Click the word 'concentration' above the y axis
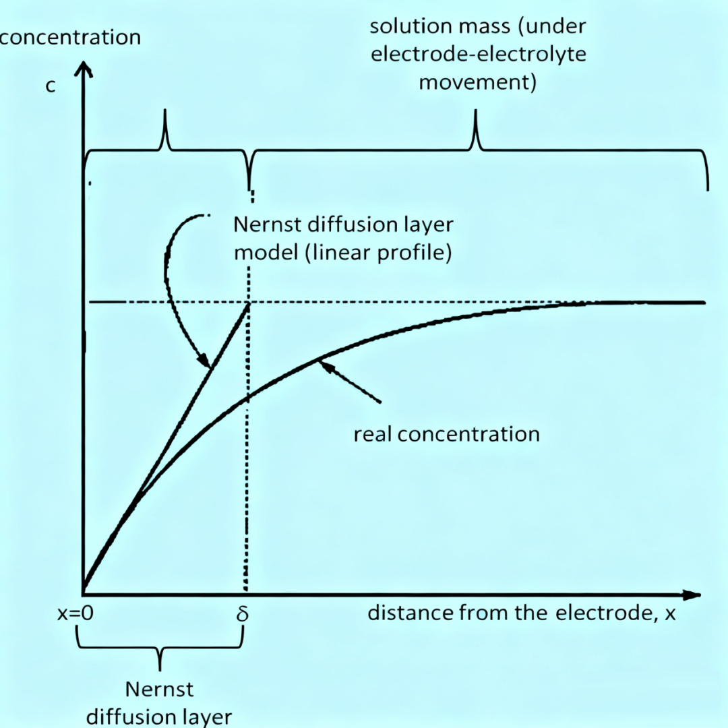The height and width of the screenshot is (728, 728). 70,36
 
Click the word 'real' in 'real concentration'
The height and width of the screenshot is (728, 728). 373,433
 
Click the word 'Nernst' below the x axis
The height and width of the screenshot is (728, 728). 160,690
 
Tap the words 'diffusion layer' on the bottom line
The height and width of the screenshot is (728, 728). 160,716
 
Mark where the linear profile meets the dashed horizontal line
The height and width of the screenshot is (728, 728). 250,303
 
